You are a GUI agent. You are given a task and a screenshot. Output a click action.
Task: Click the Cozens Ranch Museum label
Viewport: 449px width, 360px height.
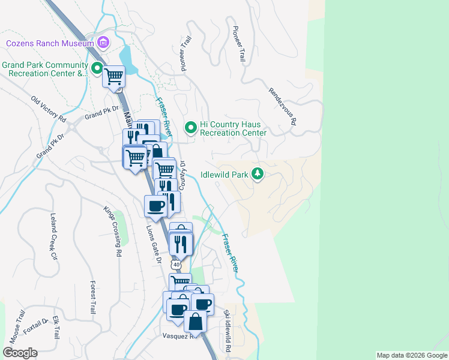pos(50,43)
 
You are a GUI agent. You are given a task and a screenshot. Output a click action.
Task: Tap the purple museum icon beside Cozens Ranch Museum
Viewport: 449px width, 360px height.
pos(103,43)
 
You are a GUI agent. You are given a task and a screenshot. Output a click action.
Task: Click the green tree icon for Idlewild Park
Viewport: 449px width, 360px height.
pos(258,173)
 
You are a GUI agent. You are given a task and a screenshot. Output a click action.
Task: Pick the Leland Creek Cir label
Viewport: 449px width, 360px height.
pos(49,237)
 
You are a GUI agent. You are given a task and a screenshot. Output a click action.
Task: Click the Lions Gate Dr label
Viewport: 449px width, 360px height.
pos(154,244)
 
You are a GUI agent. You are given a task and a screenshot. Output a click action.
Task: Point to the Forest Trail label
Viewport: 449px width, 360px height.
pos(92,297)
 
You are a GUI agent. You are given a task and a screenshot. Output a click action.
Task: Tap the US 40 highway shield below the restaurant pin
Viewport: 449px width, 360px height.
pos(175,264)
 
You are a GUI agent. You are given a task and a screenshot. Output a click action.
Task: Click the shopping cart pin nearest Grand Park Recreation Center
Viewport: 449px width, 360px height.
pos(113,77)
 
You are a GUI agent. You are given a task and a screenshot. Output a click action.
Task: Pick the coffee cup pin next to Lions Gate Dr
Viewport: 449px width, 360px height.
pos(155,206)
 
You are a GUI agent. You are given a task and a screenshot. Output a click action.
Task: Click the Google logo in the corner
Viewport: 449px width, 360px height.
pos(20,353)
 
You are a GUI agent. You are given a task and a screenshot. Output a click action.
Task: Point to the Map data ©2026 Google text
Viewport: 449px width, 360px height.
pos(411,355)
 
